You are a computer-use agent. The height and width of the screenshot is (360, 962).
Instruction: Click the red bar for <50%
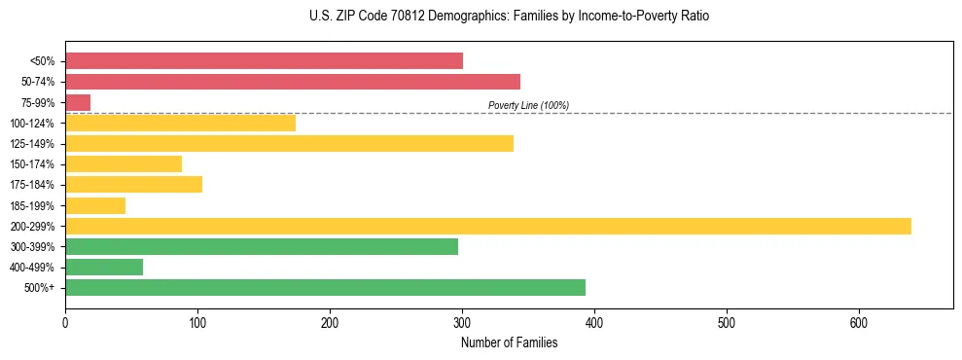pos(264,61)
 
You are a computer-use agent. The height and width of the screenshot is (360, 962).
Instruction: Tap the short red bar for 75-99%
pos(78,102)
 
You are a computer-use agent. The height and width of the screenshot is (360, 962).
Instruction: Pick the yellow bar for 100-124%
pos(180,123)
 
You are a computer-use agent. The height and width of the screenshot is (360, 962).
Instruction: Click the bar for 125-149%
pos(289,144)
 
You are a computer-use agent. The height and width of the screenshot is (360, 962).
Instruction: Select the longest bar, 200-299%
pos(487,226)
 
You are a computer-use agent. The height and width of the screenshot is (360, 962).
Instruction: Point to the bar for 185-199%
pos(95,205)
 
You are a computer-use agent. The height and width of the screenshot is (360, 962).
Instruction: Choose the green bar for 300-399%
pos(261,246)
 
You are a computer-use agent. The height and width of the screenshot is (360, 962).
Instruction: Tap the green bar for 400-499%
pos(104,267)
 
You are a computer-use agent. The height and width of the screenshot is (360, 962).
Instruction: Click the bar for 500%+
pos(325,287)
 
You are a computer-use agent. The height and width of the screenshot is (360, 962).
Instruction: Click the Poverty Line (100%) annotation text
pos(528,105)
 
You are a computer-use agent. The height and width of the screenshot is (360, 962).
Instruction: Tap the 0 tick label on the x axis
pos(65,322)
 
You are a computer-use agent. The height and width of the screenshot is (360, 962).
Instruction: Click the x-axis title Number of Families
pos(509,342)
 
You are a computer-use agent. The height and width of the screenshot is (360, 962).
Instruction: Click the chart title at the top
pos(509,17)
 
